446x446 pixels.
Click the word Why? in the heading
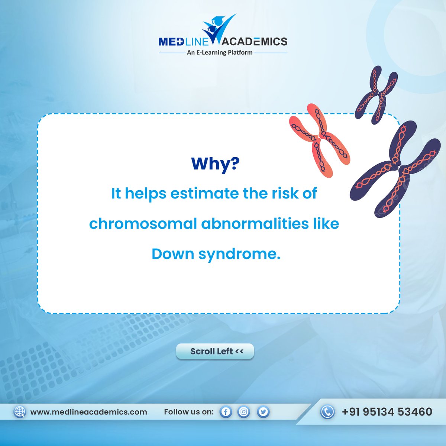click(215, 164)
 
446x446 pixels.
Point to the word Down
click(172, 254)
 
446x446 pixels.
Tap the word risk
click(283, 194)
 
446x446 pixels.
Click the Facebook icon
click(226, 412)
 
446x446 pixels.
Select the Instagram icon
click(244, 412)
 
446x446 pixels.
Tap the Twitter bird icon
click(263, 412)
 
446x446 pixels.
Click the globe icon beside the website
click(20, 412)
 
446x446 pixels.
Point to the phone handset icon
click(327, 412)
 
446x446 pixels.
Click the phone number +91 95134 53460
click(387, 412)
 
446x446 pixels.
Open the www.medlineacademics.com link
click(88, 412)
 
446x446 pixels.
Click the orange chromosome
click(319, 140)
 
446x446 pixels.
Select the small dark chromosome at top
click(376, 93)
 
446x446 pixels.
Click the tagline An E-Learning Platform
click(219, 53)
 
